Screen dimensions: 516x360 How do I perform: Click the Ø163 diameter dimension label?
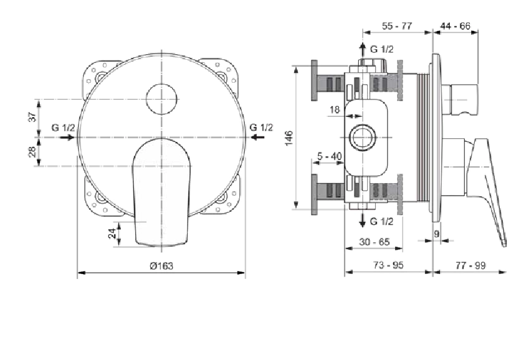[x=161, y=265]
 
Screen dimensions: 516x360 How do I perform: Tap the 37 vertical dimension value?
[x=32, y=116]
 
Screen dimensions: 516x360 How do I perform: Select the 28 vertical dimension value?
[x=32, y=151]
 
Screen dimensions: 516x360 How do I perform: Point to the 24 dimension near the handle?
[x=112, y=234]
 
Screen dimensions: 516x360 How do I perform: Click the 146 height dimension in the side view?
[x=289, y=138]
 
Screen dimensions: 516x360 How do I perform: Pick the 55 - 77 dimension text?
[x=397, y=26]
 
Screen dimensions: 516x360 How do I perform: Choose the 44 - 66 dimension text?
[x=456, y=26]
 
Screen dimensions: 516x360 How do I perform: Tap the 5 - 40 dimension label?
[x=330, y=156]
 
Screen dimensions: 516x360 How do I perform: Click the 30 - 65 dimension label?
[x=375, y=242]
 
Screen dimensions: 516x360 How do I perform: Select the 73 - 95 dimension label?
[x=388, y=265]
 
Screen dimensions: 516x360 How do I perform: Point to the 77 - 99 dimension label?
[x=471, y=265]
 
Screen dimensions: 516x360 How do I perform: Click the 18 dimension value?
[x=335, y=110]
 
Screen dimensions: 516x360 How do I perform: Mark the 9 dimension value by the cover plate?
[x=437, y=234]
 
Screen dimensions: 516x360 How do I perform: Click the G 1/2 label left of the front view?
[x=63, y=128]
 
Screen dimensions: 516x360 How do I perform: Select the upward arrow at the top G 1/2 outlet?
[x=362, y=50]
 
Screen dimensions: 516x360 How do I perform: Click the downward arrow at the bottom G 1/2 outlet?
[x=362, y=220]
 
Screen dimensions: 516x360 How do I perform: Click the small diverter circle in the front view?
[x=161, y=99]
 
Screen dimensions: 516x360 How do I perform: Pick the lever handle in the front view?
[x=161, y=192]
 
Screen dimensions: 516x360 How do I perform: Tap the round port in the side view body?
[x=362, y=138]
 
